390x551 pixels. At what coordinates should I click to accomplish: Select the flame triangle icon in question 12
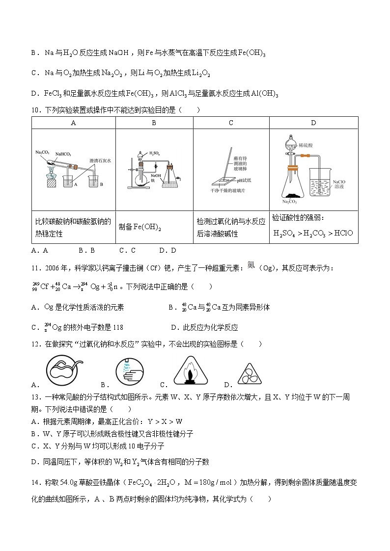188,373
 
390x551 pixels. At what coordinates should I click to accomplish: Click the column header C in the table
231,123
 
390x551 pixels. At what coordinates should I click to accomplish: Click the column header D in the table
313,123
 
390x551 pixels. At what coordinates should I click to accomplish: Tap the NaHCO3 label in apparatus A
63,154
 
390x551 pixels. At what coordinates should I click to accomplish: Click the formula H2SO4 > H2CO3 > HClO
313,233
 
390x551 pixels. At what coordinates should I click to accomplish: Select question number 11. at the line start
36,267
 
